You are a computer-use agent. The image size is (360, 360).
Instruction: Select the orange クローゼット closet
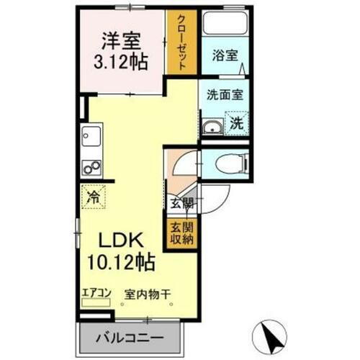[x=181, y=42]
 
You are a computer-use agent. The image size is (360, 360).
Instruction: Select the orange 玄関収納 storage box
[x=181, y=233]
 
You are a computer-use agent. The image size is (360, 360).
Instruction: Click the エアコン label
[x=96, y=292]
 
